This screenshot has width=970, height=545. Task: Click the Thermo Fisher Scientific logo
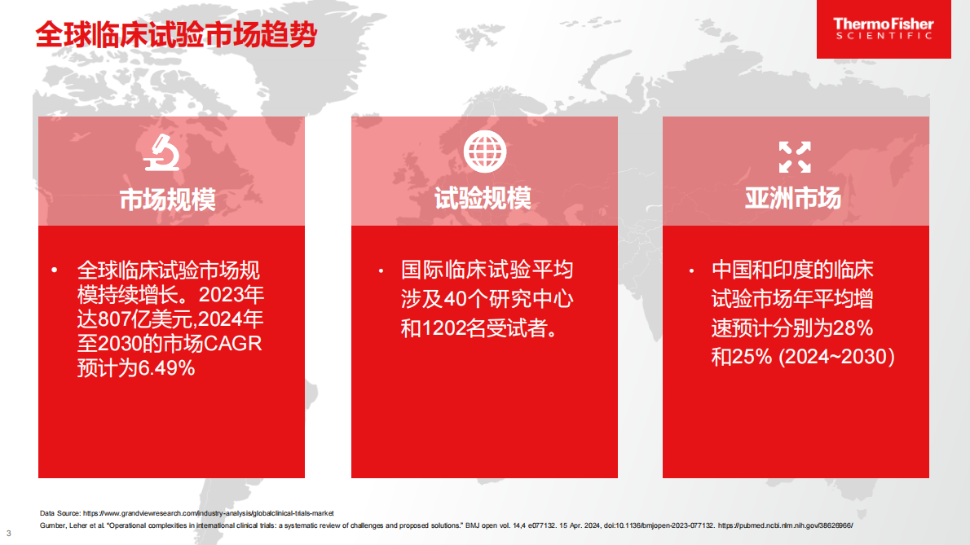tap(884, 29)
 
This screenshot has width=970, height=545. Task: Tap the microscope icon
tap(161, 153)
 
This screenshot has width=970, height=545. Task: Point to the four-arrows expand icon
tap(795, 156)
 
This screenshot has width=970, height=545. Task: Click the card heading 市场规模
tap(168, 200)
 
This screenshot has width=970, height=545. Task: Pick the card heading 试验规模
tap(483, 199)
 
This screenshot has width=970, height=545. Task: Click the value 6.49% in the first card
tap(166, 368)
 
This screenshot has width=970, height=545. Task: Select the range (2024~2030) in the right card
tap(837, 357)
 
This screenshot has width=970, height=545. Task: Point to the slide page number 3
tap(9, 534)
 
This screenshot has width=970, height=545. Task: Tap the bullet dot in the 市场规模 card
tap(55, 270)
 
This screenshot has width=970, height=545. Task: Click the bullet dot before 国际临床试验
tap(380, 270)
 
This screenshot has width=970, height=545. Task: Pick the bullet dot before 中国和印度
tap(690, 270)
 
